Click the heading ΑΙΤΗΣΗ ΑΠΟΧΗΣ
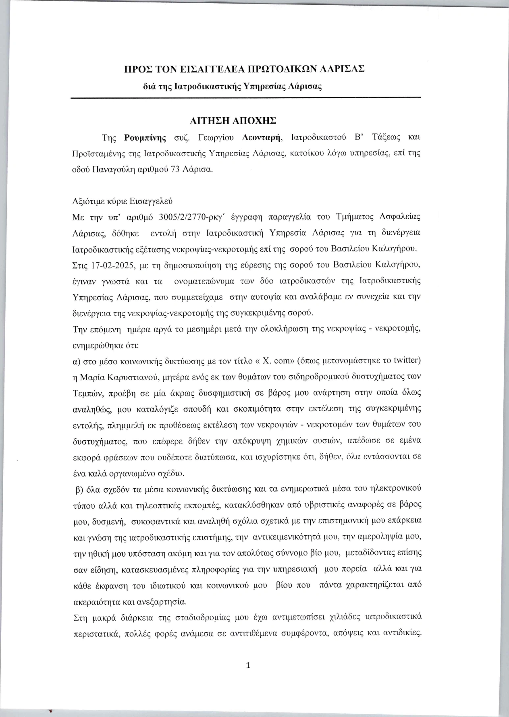[x=244, y=120]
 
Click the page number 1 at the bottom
[x=248, y=665]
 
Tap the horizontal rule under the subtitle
[x=246, y=98]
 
